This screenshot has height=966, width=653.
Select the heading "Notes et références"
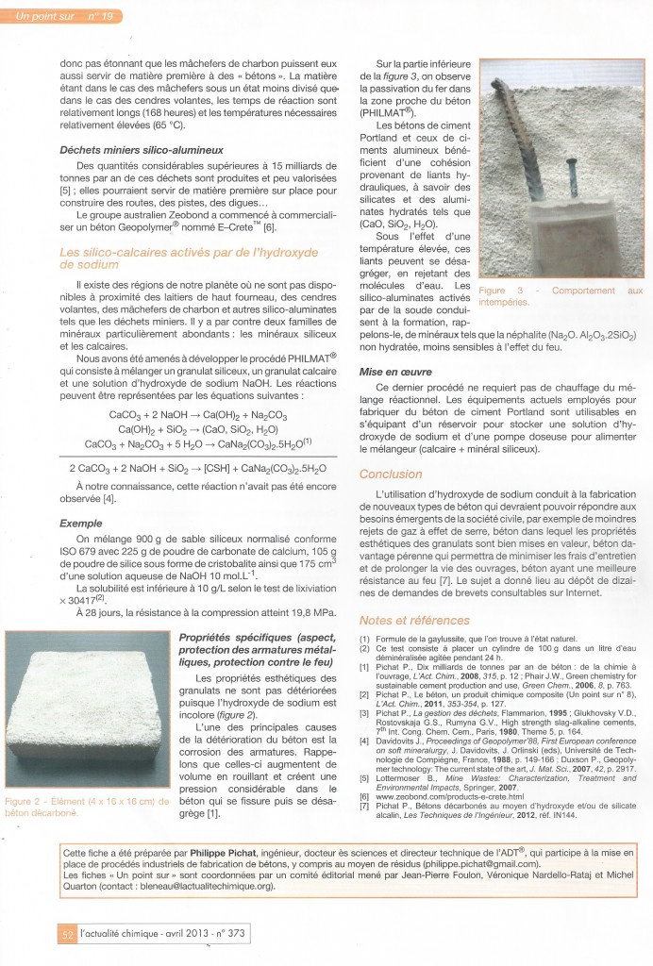[x=408, y=620]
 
